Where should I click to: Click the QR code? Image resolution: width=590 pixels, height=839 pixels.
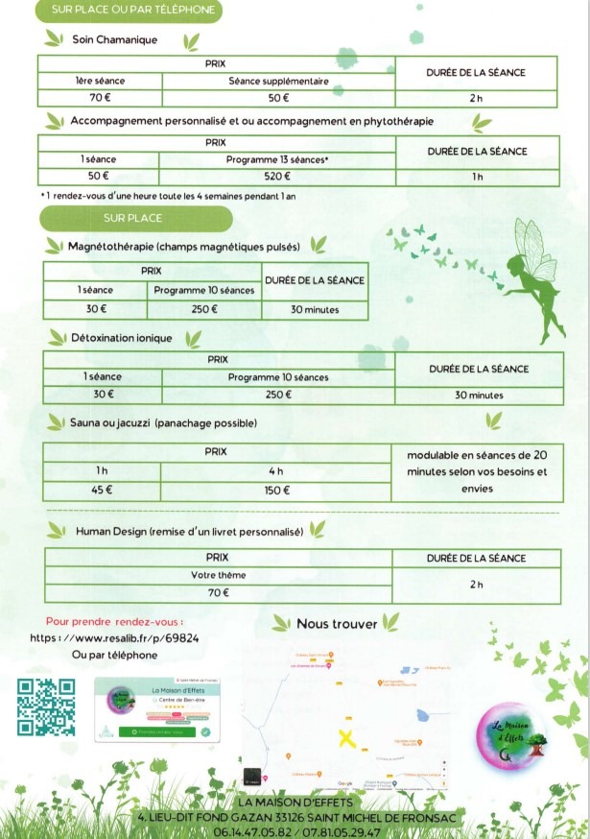pos(47,707)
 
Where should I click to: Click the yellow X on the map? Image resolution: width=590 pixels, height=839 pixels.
pos(347,738)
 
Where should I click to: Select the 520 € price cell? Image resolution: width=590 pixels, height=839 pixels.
pos(276,176)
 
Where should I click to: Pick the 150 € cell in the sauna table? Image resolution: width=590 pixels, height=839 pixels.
pos(276,491)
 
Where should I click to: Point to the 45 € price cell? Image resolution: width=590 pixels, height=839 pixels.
pos(101,491)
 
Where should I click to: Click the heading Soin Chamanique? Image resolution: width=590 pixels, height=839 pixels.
pos(114,40)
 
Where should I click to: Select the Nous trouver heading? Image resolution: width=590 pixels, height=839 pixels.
pos(336,624)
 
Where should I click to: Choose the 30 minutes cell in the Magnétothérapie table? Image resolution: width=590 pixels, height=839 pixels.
pos(314,310)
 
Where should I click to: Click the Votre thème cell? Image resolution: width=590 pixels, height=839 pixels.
pos(219,575)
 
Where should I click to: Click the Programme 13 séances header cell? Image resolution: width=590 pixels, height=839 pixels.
pos(276,159)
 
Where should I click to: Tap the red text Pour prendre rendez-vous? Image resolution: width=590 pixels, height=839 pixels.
pos(114,621)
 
